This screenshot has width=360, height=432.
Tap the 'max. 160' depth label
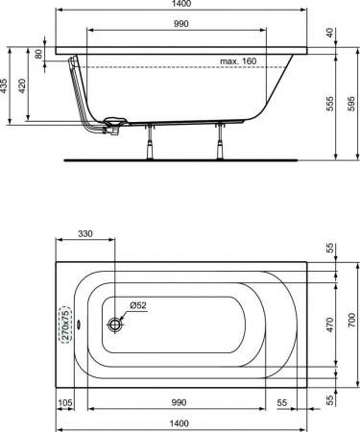pos(237,60)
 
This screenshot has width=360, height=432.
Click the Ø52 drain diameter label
pos(138,306)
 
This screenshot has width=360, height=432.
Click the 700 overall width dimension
pos(351,319)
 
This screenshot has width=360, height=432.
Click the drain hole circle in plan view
pos(116,324)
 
